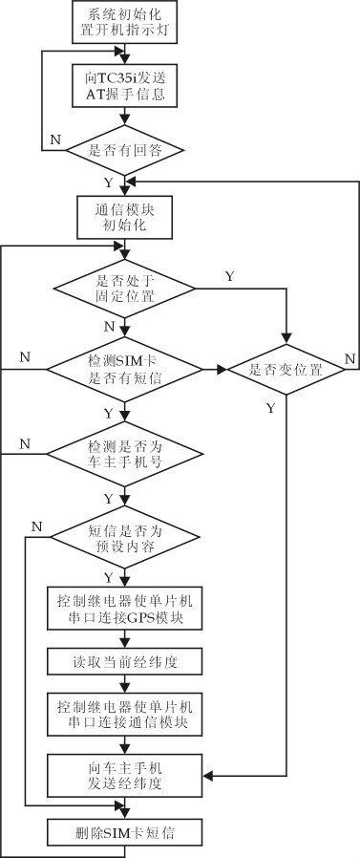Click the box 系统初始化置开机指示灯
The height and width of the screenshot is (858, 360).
click(x=124, y=23)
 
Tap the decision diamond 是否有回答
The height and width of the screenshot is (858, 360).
click(x=124, y=150)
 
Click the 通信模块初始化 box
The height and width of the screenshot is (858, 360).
click(x=124, y=218)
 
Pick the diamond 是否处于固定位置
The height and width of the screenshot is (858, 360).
click(x=124, y=287)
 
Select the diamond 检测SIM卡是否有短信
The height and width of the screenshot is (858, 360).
click(x=124, y=367)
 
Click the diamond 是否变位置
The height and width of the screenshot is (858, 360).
click(x=284, y=367)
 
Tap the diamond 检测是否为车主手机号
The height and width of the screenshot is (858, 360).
click(x=124, y=450)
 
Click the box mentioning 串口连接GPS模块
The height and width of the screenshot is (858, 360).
click(x=124, y=609)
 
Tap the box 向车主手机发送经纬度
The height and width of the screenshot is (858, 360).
click(x=124, y=775)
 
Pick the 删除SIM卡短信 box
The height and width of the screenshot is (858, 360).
click(x=124, y=831)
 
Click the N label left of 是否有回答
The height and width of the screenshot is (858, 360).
click(x=54, y=139)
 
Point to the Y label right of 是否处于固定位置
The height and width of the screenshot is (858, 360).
click(x=229, y=276)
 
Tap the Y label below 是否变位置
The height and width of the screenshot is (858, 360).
click(x=270, y=407)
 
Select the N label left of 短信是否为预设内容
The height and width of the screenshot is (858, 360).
click(x=36, y=526)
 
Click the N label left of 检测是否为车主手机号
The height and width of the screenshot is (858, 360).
click(x=25, y=443)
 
